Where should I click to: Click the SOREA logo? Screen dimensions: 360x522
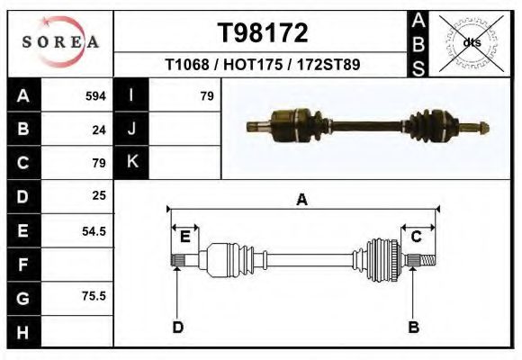tap(59, 43)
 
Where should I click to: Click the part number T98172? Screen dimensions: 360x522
tap(263, 33)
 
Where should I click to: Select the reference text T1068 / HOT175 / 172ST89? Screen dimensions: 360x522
tap(263, 66)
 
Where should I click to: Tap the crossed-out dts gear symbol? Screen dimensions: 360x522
tap(472, 42)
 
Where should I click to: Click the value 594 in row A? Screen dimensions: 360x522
tap(95, 96)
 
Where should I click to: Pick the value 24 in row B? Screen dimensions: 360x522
tap(99, 130)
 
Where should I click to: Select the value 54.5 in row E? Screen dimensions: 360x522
tap(94, 230)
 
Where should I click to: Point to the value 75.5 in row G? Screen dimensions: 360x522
tap(94, 295)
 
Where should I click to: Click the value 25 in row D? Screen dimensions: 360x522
tap(99, 195)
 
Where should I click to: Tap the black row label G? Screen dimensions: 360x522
tap(22, 296)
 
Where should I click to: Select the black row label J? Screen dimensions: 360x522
tap(131, 130)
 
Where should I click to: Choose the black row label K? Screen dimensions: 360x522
tap(131, 162)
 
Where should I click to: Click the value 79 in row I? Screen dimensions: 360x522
tap(206, 96)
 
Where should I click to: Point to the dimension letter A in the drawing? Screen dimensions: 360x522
tap(301, 200)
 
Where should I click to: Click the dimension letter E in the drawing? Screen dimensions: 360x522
tap(184, 237)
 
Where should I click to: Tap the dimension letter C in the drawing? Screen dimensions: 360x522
tap(417, 237)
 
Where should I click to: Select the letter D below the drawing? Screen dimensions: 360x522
tap(177, 327)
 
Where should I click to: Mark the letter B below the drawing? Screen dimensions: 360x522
tap(413, 327)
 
